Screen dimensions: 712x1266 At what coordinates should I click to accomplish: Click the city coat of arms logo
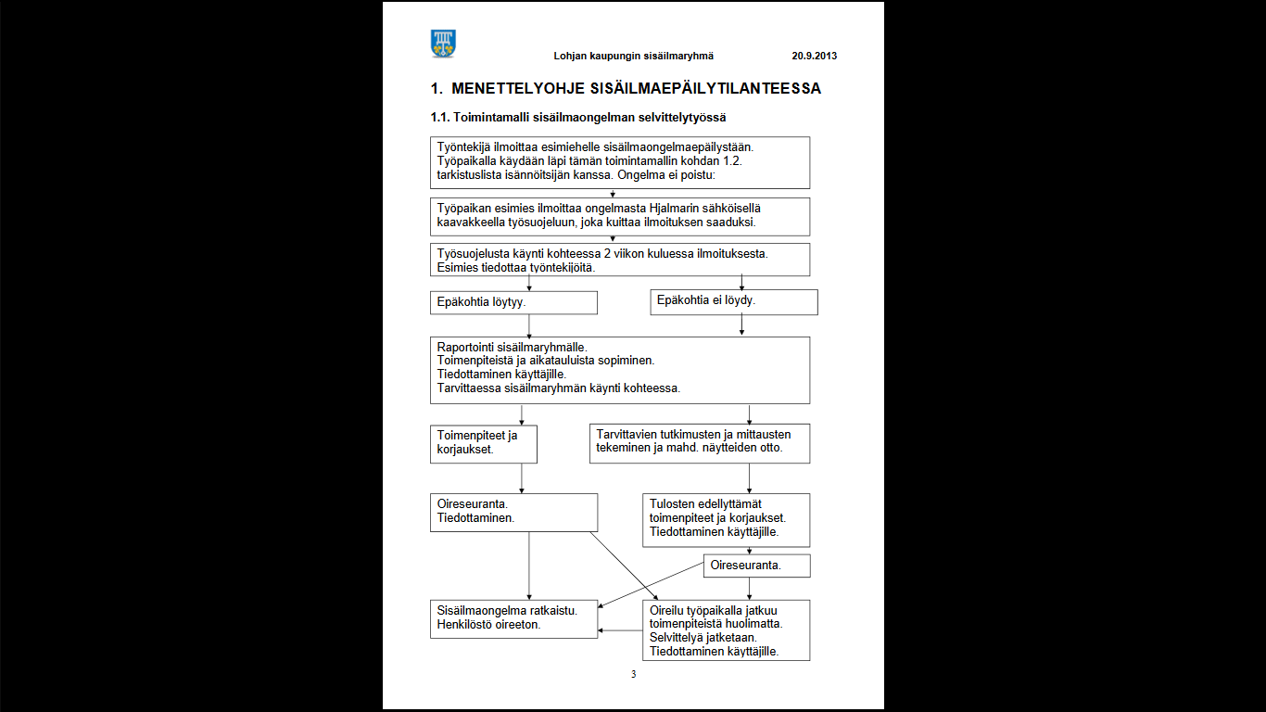tap(443, 43)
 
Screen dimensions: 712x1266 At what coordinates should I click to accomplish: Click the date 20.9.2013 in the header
tap(814, 56)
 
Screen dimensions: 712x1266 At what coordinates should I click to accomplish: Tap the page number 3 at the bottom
tap(633, 674)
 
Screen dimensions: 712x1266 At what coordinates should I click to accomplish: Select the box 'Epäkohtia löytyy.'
tap(514, 302)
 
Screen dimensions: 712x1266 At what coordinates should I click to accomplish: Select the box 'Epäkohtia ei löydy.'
tap(733, 301)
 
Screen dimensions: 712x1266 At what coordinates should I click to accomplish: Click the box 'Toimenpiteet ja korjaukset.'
tap(484, 443)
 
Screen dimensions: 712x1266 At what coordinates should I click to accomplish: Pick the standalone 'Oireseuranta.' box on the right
tap(756, 565)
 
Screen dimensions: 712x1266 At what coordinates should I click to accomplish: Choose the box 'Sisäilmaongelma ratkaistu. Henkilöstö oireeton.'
tap(514, 618)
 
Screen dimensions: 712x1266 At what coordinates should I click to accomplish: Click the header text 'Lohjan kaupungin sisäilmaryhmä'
tap(633, 56)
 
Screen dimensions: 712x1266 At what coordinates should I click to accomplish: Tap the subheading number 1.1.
tap(439, 118)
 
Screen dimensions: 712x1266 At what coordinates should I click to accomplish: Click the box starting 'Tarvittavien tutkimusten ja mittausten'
tap(700, 443)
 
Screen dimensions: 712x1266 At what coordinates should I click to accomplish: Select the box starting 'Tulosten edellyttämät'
tap(728, 519)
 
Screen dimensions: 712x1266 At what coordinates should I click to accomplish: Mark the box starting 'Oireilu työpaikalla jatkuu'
tap(727, 629)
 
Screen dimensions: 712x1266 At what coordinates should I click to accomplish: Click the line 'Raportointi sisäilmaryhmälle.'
tap(512, 347)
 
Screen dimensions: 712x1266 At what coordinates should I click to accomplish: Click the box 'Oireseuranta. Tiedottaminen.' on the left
tap(514, 512)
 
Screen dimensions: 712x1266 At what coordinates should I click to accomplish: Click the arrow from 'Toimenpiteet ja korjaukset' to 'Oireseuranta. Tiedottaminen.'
tap(522, 477)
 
